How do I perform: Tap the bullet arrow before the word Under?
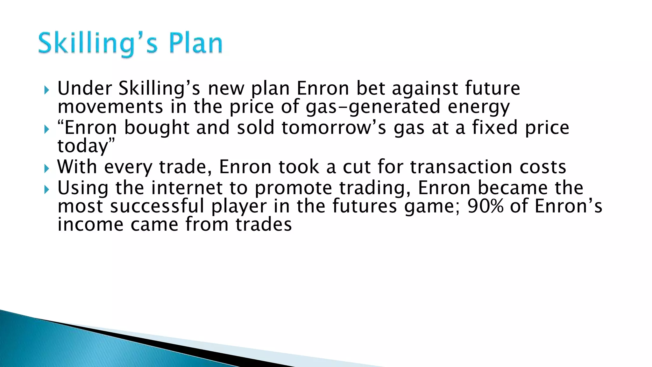(47, 90)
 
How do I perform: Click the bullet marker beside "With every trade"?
(47, 169)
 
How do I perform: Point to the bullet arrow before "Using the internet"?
(47, 190)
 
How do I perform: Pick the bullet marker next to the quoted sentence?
(47, 129)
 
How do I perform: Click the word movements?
(110, 107)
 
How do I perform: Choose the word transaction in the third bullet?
(461, 167)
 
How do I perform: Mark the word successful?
(157, 206)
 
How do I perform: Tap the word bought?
(157, 128)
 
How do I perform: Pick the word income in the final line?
(90, 225)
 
